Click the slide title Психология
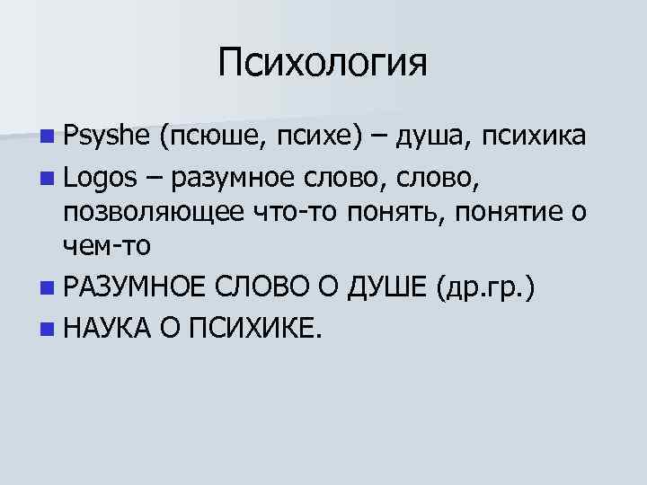pyautogui.click(x=323, y=64)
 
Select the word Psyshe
pyautogui.click(x=106, y=136)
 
